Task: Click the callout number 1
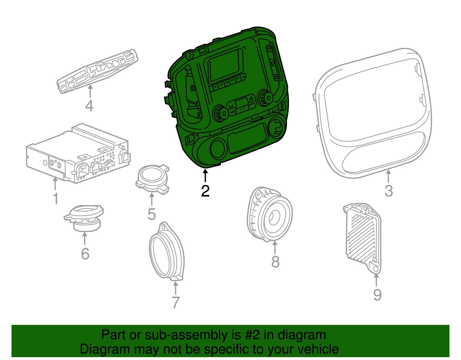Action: click(x=56, y=199)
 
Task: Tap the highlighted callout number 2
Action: click(x=205, y=191)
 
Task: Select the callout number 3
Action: click(x=389, y=191)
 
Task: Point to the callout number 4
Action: click(x=89, y=105)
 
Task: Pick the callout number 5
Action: click(x=152, y=214)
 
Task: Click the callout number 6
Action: click(x=85, y=254)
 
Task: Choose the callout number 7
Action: click(x=175, y=302)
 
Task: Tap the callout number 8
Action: click(x=275, y=261)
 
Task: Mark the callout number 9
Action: click(x=377, y=295)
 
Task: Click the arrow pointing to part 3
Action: click(x=388, y=176)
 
